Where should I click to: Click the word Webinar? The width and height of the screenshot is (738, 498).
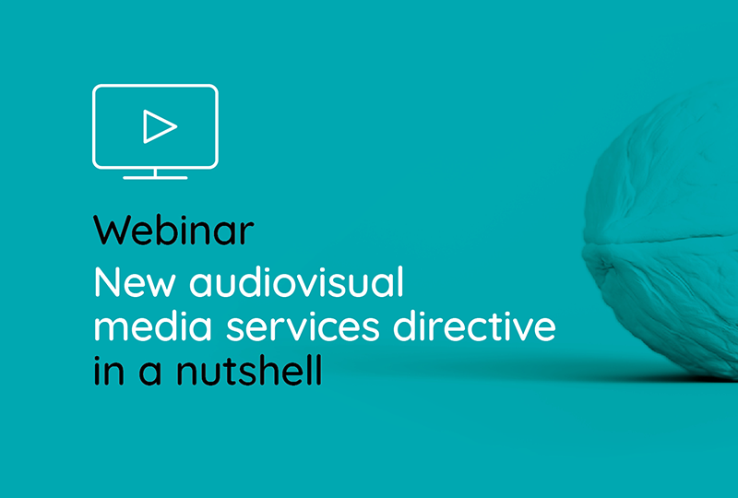(x=173, y=231)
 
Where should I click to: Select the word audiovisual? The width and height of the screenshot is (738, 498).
(x=297, y=284)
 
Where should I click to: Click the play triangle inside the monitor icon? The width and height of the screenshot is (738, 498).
(x=158, y=126)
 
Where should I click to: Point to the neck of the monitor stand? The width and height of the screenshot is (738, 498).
(x=156, y=172)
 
